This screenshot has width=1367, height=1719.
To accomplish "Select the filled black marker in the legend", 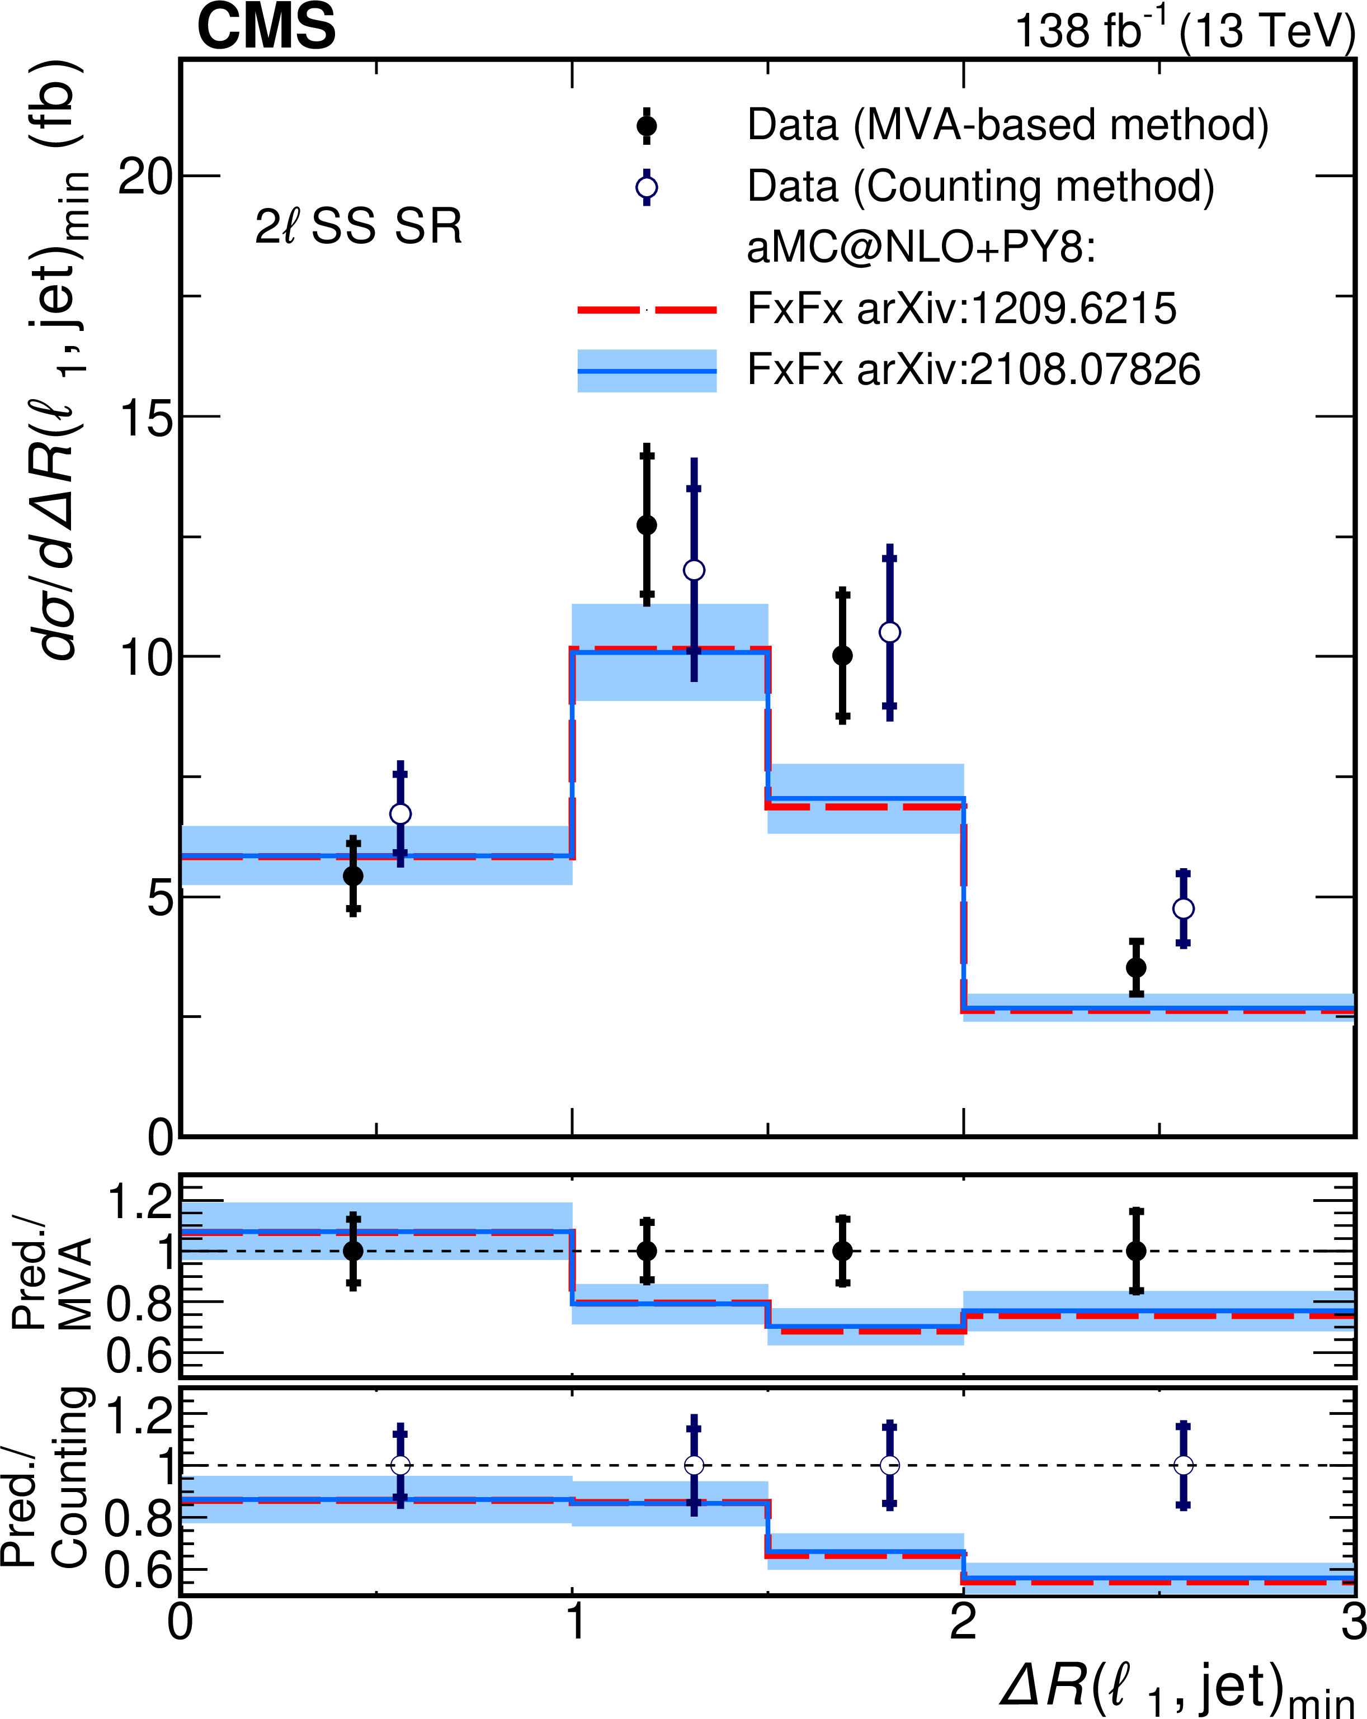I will pos(646,126).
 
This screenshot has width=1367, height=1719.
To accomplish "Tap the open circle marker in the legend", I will pos(646,187).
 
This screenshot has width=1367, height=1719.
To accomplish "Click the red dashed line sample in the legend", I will pos(646,309).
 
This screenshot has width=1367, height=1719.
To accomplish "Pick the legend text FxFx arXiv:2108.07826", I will pos(973,370).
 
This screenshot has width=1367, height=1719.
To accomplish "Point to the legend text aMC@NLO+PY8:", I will pos(921,248).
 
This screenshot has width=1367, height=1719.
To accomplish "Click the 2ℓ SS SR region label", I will pos(358,226).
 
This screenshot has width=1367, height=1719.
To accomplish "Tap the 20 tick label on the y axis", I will pos(145,176).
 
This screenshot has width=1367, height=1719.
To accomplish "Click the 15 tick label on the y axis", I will pos(145,416).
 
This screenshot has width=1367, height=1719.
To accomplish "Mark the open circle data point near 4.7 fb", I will pos(1183,909).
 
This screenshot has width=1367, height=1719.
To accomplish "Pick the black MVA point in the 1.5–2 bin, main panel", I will pos(842,655).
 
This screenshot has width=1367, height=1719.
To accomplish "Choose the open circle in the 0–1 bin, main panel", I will pos(400,814).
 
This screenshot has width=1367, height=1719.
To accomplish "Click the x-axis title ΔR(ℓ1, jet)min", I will pos(1176,1687).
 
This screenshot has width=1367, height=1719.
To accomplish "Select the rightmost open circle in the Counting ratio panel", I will pos(1183,1465).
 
